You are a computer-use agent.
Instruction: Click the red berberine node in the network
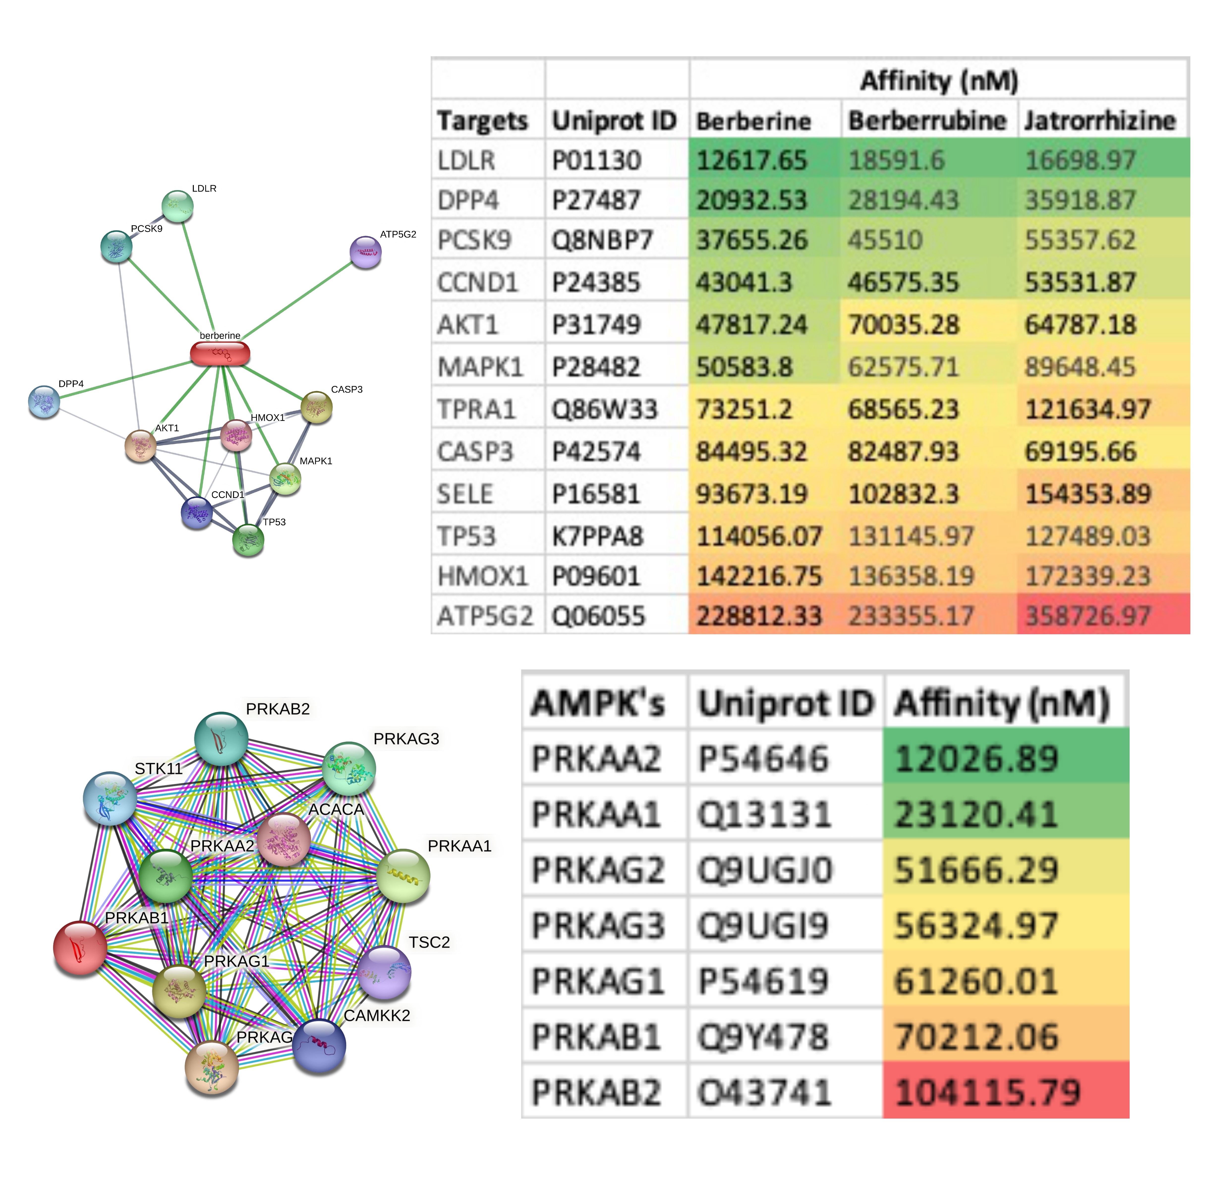pyautogui.click(x=220, y=354)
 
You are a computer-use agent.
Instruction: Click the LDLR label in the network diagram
pyautogui.click(x=204, y=188)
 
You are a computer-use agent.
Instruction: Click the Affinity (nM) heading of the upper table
pyautogui.click(x=939, y=80)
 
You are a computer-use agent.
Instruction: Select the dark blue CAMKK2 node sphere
pyautogui.click(x=319, y=1046)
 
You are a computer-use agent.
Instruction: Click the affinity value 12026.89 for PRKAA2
pyautogui.click(x=977, y=758)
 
